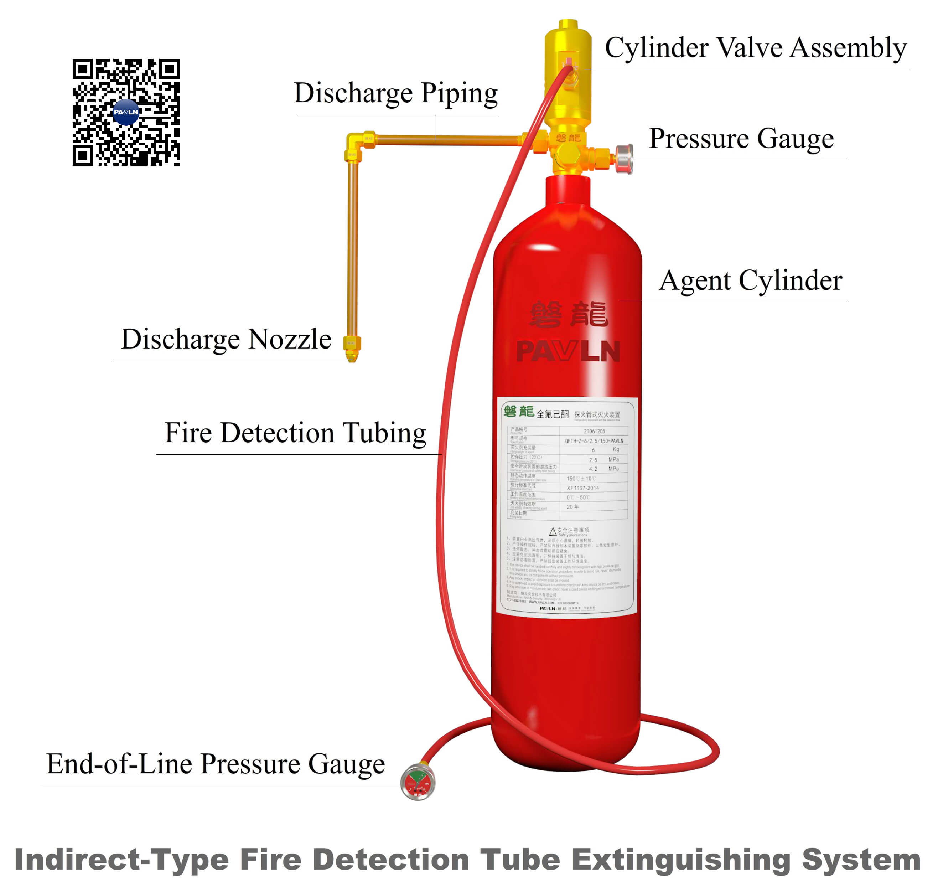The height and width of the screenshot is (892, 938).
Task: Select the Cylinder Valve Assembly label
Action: point(756,48)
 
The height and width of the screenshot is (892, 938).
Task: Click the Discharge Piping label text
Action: point(395,93)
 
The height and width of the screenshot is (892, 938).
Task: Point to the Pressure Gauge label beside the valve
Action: point(741,139)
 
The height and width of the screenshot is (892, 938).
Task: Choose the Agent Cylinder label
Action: point(750,280)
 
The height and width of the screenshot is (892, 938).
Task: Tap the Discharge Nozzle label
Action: point(226,340)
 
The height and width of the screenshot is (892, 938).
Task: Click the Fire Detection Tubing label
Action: point(295,433)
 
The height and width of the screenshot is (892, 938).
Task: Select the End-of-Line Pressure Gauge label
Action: point(216,764)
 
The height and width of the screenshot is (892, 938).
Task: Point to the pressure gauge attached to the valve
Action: point(624,159)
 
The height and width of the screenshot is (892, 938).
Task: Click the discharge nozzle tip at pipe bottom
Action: point(352,354)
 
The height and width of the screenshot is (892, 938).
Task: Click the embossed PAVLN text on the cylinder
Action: point(568,352)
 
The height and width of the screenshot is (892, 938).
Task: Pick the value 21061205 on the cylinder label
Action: point(594,432)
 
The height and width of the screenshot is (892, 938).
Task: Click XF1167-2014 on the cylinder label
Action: point(583,488)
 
